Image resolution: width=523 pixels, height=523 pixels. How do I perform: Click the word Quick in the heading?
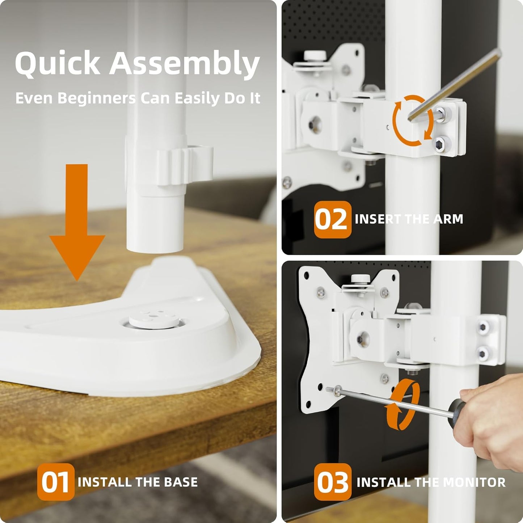(58, 64)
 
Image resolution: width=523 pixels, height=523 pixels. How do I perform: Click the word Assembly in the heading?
(185, 64)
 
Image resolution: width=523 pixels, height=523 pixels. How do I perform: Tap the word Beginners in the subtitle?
(96, 98)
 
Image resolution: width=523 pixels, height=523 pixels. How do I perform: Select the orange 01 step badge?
(55, 482)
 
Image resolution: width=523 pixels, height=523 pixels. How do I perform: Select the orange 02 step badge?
(332, 219)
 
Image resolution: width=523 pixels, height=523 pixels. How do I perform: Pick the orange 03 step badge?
(332, 482)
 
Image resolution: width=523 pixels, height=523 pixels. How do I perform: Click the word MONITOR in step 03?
(474, 482)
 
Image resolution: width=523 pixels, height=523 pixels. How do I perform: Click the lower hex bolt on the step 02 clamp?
(441, 144)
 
